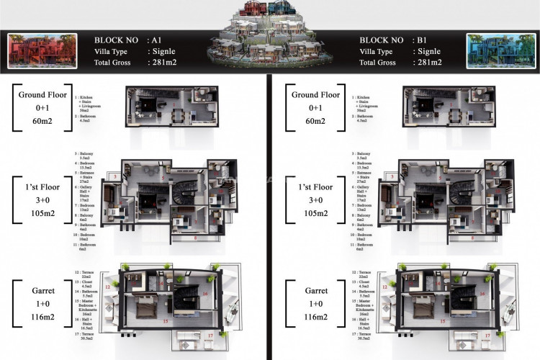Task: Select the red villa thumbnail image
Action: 37,52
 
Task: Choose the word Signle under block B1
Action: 437,52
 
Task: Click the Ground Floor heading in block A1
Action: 43,94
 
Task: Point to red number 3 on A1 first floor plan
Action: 113,176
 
